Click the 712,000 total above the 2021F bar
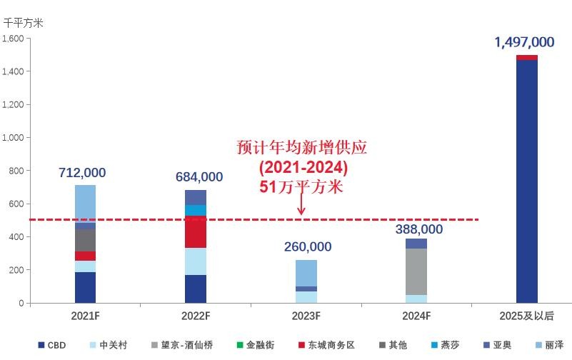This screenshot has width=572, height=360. pyautogui.click(x=83, y=173)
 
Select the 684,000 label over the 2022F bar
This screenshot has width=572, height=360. pyautogui.click(x=199, y=177)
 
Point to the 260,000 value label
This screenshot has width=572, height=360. pyautogui.click(x=307, y=247)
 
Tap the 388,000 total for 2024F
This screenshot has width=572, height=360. pyautogui.click(x=418, y=230)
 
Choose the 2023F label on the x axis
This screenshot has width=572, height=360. pyautogui.click(x=306, y=316)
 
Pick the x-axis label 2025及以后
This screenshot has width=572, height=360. pyautogui.click(x=527, y=316)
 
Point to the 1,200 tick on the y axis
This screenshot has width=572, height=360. pyautogui.click(x=14, y=105)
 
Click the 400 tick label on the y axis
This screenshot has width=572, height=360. pyautogui.click(x=17, y=237)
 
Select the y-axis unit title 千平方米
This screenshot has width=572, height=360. pyautogui.click(x=24, y=22)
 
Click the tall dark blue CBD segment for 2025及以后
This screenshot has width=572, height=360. pyautogui.click(x=527, y=179)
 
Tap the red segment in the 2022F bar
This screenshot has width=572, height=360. pyautogui.click(x=196, y=232)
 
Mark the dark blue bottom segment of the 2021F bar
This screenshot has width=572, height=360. pyautogui.click(x=85, y=287)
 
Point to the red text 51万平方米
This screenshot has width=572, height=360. pyautogui.click(x=301, y=187)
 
